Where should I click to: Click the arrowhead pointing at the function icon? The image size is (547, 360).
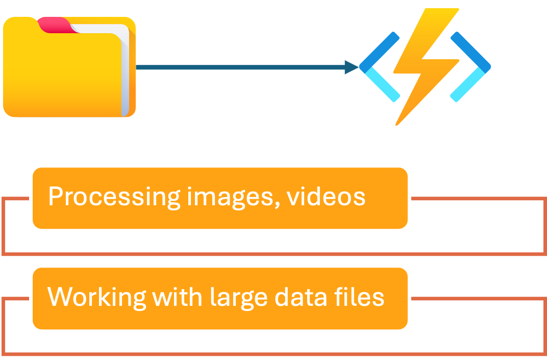pyautogui.click(x=352, y=67)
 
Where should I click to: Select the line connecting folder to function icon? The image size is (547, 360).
pyautogui.click(x=240, y=67)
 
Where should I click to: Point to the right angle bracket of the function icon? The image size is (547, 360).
pyautogui.click(x=470, y=66)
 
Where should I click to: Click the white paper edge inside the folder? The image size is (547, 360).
pyautogui.click(x=125, y=71)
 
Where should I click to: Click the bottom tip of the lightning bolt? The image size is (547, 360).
pyautogui.click(x=397, y=123)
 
